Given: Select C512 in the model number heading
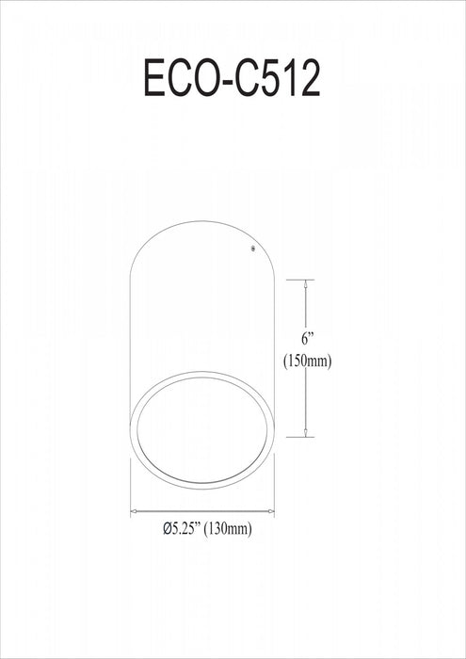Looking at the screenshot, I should (x=279, y=80).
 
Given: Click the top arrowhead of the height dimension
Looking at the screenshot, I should (x=307, y=282).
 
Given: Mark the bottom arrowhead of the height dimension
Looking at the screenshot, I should (x=307, y=433).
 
